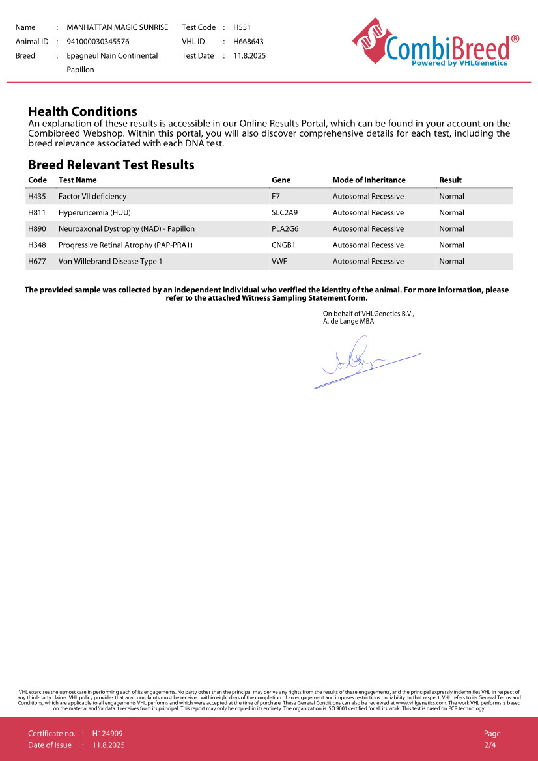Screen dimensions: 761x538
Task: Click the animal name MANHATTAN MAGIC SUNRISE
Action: pos(117,27)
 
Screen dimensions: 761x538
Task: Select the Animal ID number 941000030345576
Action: pos(98,42)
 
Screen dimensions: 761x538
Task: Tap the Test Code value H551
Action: pos(242,27)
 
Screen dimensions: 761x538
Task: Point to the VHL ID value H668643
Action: pos(248,42)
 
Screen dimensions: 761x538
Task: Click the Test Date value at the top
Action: pos(249,56)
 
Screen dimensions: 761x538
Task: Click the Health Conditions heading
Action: pos(83,111)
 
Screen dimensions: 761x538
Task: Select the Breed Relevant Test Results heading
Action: pos(111,165)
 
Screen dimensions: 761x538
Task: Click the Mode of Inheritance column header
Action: pos(369,180)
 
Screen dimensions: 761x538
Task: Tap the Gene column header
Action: pos(281,180)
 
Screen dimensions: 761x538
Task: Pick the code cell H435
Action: pos(37,197)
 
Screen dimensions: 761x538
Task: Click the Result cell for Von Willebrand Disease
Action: pos(451,262)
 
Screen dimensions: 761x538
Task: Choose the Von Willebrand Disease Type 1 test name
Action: pos(110,262)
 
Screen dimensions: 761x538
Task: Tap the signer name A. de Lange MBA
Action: pos(348,321)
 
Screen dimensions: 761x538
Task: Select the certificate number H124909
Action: pos(107,734)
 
